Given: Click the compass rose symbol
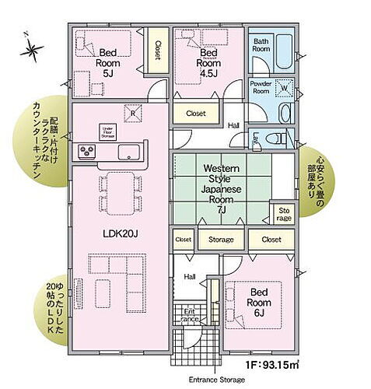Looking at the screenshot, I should pyautogui.click(x=33, y=51).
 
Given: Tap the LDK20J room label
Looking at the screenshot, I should pyautogui.click(x=120, y=233).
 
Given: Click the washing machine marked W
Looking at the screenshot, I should pyautogui.click(x=282, y=88).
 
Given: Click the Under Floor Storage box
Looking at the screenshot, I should pyautogui.click(x=107, y=131).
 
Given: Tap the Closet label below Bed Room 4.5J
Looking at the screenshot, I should pyautogui.click(x=195, y=114).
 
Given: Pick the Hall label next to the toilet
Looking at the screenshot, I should pyautogui.click(x=233, y=124).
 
